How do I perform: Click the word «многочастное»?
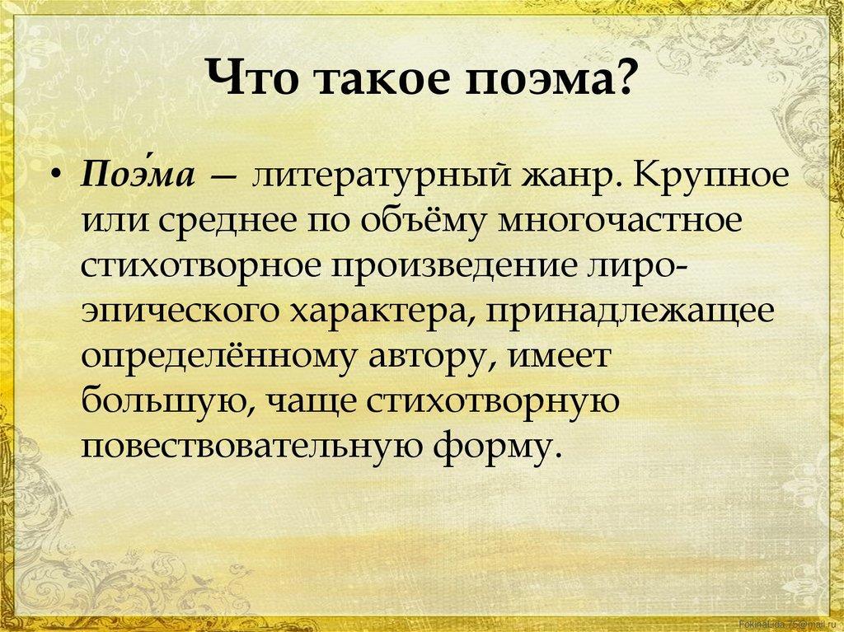(619, 222)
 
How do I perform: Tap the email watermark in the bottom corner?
(790, 624)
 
